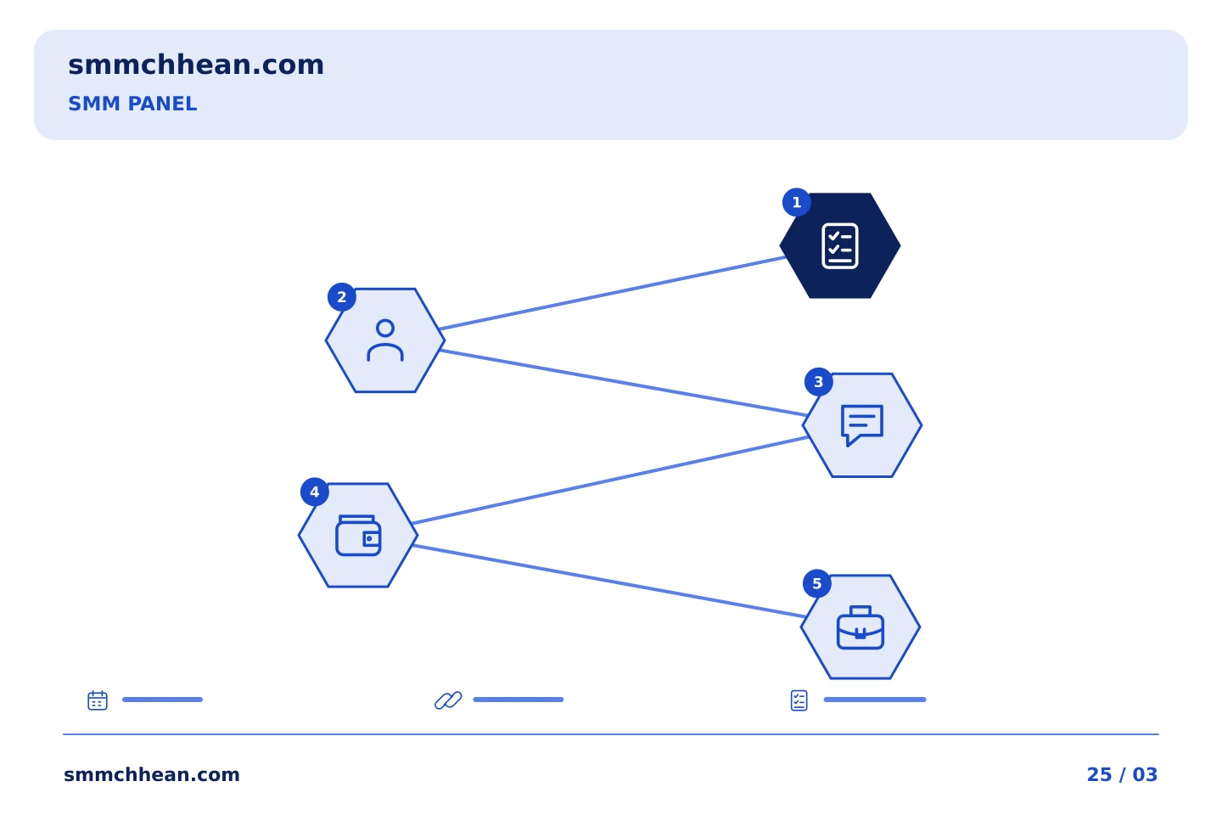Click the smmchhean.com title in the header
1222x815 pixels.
click(x=196, y=65)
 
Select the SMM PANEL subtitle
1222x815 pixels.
click(x=132, y=104)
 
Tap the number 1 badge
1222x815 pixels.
click(x=797, y=203)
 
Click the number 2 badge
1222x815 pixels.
click(x=341, y=297)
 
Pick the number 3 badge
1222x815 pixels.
click(x=818, y=381)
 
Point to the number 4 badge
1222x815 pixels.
click(x=314, y=492)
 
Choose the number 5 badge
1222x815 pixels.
click(x=816, y=583)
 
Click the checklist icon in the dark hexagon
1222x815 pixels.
click(x=839, y=245)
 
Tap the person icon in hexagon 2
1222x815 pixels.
click(x=385, y=340)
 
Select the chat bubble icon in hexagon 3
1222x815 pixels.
click(x=862, y=425)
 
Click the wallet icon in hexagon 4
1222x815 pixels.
click(x=358, y=536)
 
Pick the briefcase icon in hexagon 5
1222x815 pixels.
click(x=860, y=627)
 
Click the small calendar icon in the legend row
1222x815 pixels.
click(x=98, y=700)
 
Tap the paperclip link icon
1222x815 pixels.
click(x=448, y=700)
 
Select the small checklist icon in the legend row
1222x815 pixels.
click(x=799, y=700)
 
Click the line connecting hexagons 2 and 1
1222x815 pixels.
click(x=613, y=293)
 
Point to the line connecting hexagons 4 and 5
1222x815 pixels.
click(x=609, y=582)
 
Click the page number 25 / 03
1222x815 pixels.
click(x=1122, y=774)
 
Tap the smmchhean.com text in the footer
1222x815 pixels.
click(x=152, y=774)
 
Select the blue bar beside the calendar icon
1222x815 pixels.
click(x=163, y=700)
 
